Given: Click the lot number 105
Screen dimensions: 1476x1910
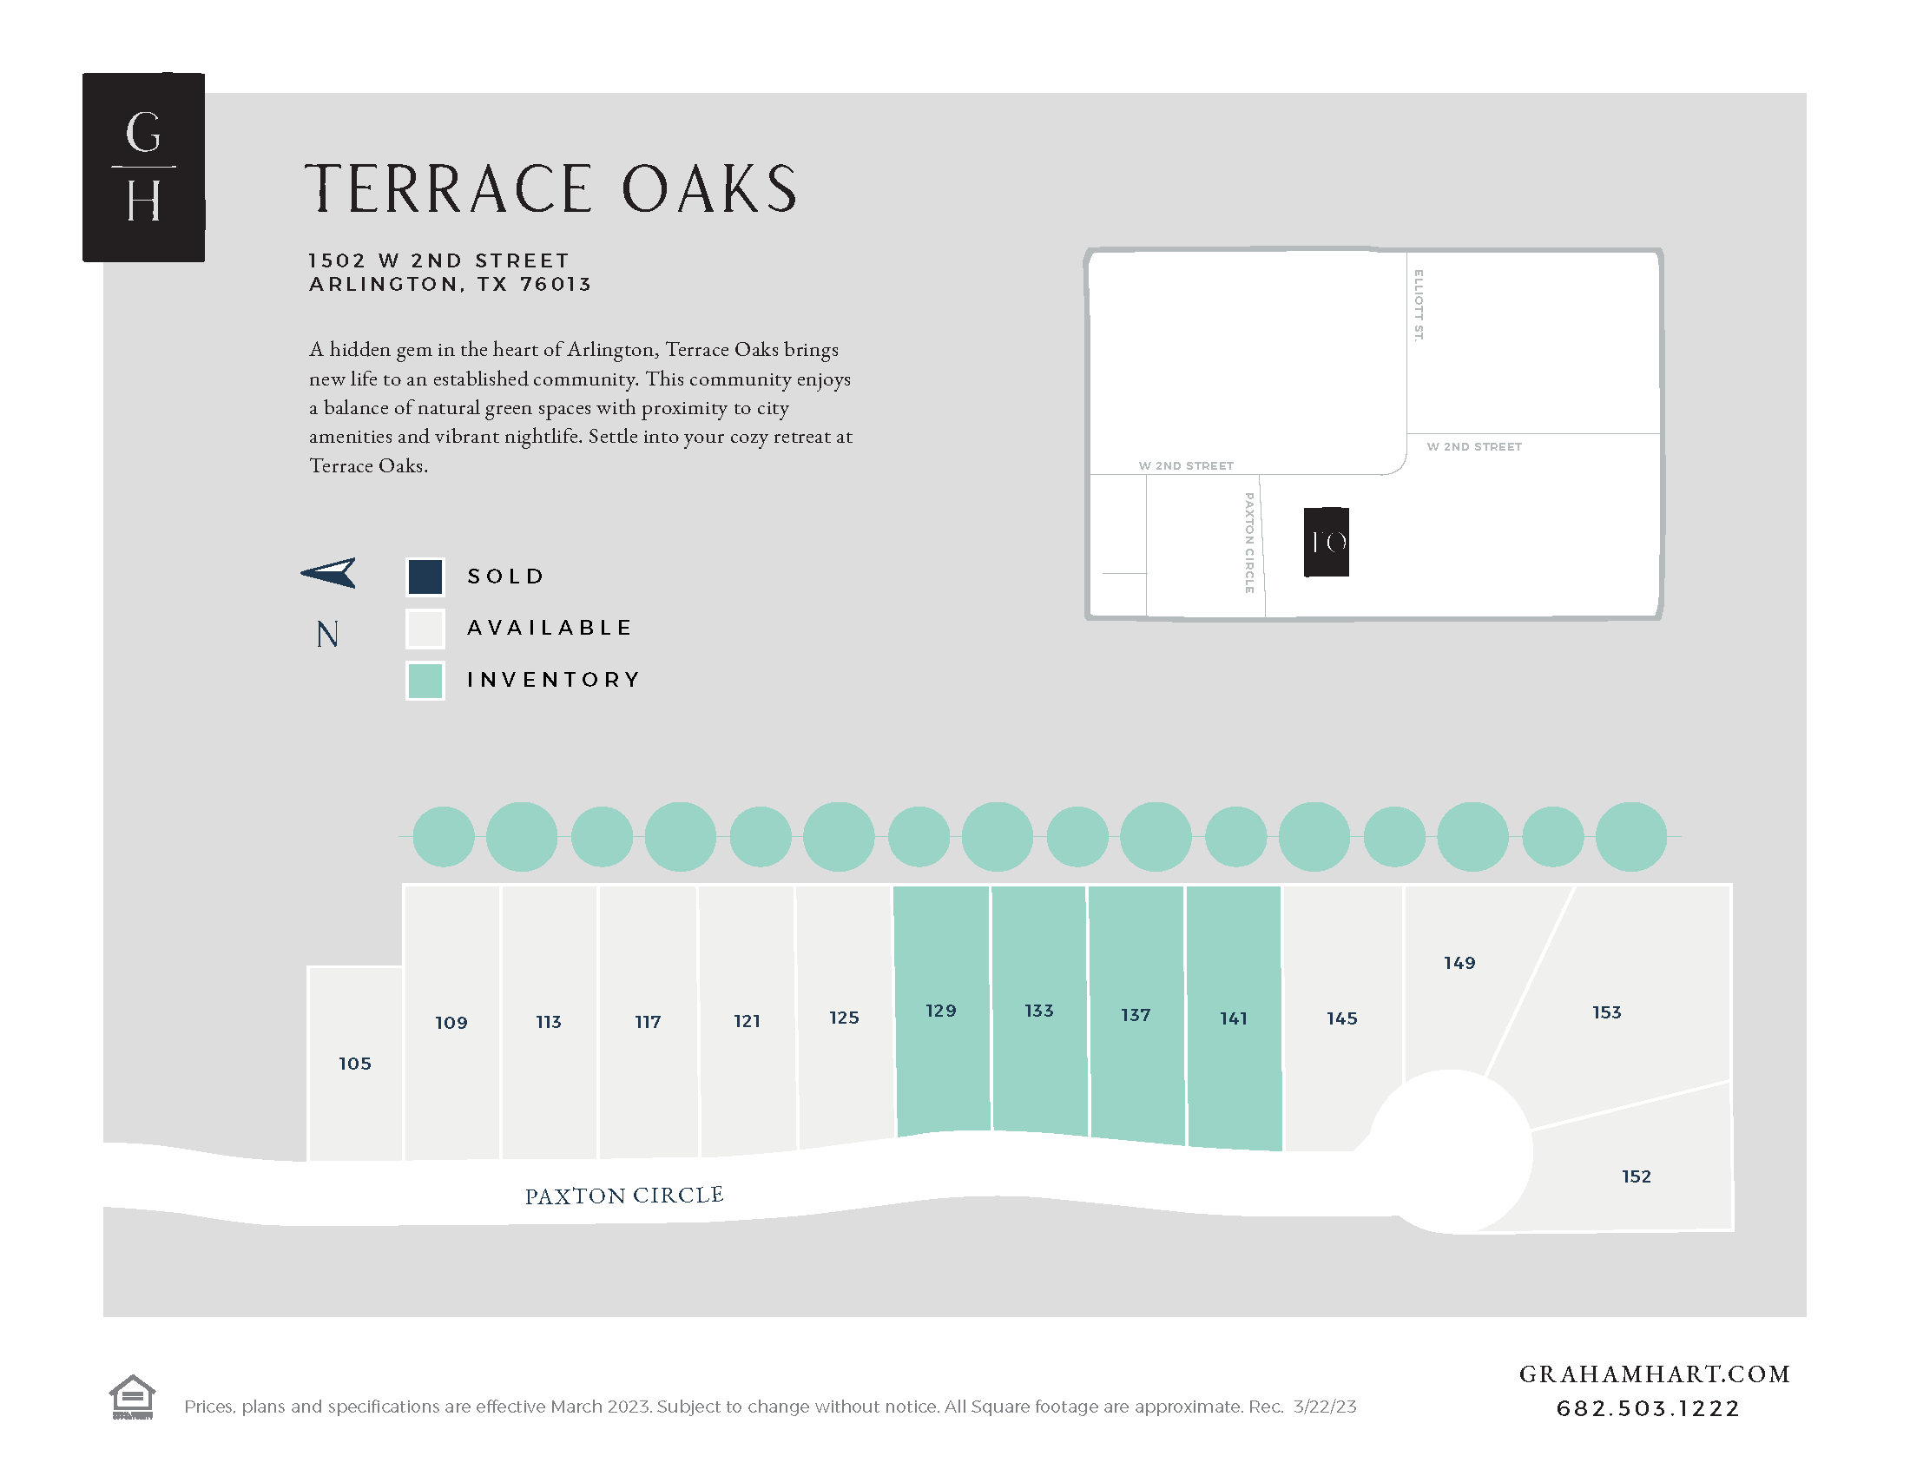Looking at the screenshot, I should (355, 1064).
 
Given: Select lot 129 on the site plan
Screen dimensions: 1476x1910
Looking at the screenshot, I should (941, 1011).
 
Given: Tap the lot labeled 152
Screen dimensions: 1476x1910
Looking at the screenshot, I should (1637, 1176).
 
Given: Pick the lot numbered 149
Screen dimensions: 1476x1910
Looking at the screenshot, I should (1459, 963).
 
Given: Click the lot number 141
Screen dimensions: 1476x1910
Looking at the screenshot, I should (1233, 1018).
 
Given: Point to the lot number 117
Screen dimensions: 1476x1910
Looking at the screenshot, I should (648, 1021).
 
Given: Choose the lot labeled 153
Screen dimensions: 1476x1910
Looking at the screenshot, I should (1606, 1011).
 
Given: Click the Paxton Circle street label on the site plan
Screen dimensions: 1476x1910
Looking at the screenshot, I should (624, 1196).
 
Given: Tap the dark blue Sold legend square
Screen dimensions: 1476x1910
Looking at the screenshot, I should (425, 577).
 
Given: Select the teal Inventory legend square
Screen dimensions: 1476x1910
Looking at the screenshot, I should (425, 681).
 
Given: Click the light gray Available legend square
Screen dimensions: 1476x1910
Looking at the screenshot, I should (425, 628).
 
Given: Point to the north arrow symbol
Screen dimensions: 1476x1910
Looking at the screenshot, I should (330, 573).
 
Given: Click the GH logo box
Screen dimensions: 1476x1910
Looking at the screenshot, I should (143, 167).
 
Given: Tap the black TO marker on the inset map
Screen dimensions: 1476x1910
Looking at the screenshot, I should (1326, 542).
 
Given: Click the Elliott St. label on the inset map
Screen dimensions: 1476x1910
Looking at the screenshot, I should (1419, 305).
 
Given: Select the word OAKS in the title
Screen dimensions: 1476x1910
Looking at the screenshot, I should (709, 189).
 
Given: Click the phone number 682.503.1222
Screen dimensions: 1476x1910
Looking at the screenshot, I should (1648, 1408).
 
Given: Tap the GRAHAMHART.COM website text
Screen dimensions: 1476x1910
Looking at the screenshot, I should (1654, 1374).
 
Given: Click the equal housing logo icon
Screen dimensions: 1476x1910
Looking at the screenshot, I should (132, 1396).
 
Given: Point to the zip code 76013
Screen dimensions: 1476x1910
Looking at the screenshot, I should (557, 284).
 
